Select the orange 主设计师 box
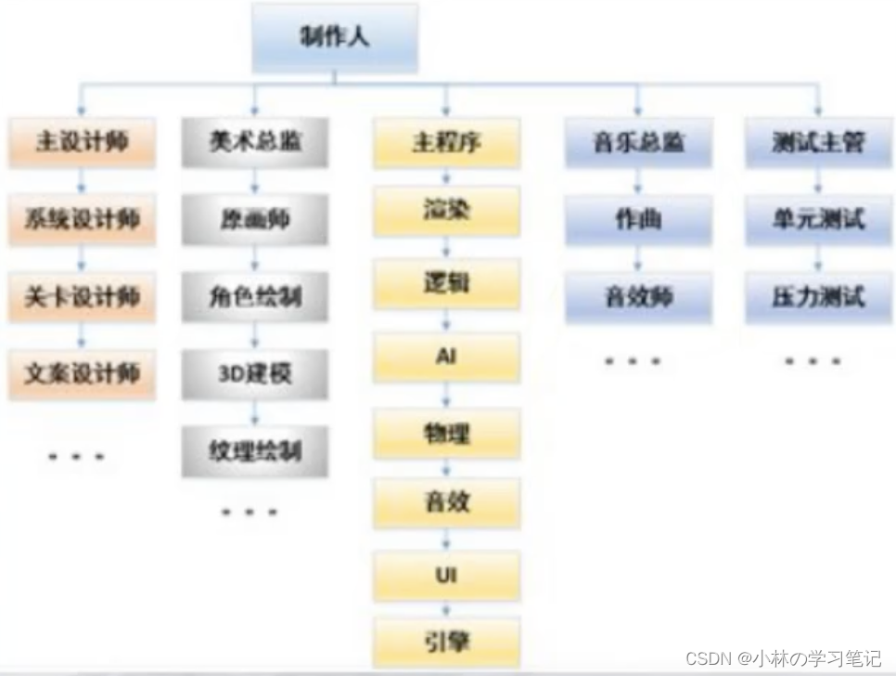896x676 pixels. (82, 142)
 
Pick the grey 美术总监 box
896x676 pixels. (255, 142)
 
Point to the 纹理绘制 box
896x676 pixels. (255, 451)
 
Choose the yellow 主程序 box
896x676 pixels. (446, 142)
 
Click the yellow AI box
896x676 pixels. (446, 357)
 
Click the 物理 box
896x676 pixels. (446, 432)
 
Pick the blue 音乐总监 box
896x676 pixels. (638, 142)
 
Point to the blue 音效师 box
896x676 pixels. (638, 297)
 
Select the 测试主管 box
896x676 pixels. (817, 142)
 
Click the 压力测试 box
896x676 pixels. (817, 297)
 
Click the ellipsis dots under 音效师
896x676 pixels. (633, 360)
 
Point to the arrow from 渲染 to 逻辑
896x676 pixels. (446, 246)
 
